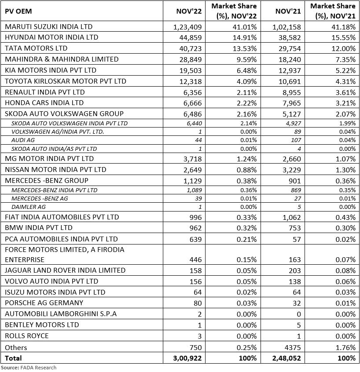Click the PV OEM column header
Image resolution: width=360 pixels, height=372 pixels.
(x=19, y=11)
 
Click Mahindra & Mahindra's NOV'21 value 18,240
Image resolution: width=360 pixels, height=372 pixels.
(x=290, y=59)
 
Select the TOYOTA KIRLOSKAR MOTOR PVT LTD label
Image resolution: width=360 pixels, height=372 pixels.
(x=66, y=81)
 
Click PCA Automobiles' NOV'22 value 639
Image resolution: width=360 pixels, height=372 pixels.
(x=195, y=239)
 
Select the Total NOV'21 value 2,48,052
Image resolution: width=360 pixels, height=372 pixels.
(x=287, y=358)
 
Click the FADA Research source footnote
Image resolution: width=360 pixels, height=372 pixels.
(x=28, y=367)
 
